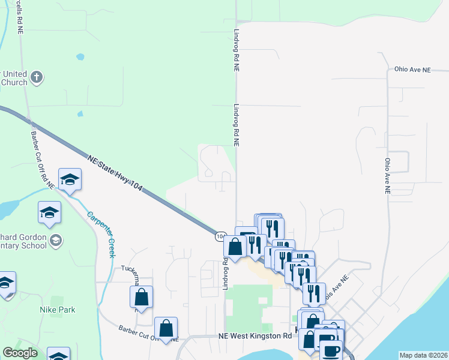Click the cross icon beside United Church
(37, 77)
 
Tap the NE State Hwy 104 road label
(115, 173)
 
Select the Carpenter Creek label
(100, 234)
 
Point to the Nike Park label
(58, 310)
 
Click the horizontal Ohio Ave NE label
(413, 70)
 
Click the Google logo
(20, 353)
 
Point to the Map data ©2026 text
(424, 355)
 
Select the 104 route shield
(220, 236)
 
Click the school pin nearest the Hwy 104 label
(70, 180)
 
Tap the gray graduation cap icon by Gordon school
(56, 241)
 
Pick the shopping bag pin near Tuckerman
(141, 296)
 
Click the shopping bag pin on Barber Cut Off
(166, 328)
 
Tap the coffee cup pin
(330, 350)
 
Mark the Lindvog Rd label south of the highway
(226, 273)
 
